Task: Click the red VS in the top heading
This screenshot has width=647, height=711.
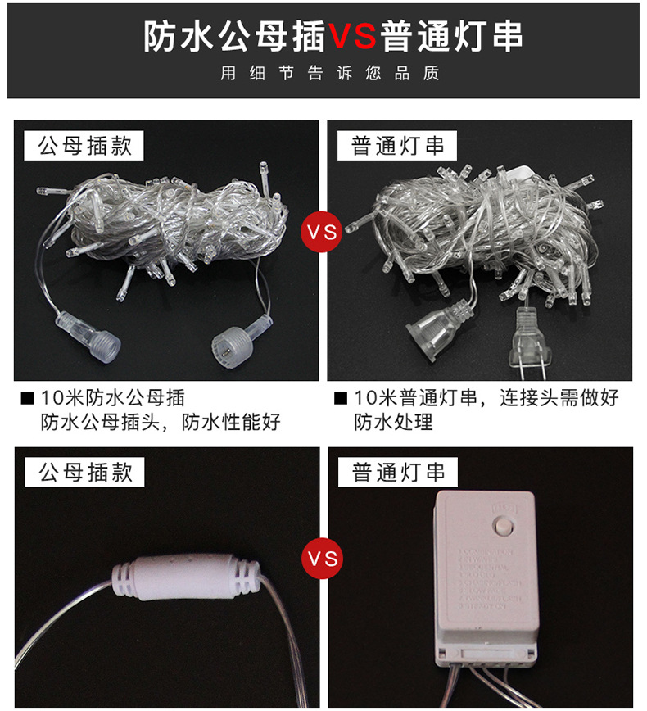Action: point(353,37)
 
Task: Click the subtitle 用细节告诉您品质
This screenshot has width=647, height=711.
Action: point(330,74)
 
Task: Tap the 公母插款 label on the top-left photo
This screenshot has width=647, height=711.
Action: point(84,146)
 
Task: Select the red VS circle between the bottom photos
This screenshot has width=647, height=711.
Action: point(323,559)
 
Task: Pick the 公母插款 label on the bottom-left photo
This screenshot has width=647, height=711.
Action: point(84,472)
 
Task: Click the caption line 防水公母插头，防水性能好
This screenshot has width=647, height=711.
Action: point(161,423)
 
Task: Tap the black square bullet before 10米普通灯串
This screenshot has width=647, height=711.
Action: point(342,400)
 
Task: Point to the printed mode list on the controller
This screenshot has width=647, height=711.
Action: point(491,582)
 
